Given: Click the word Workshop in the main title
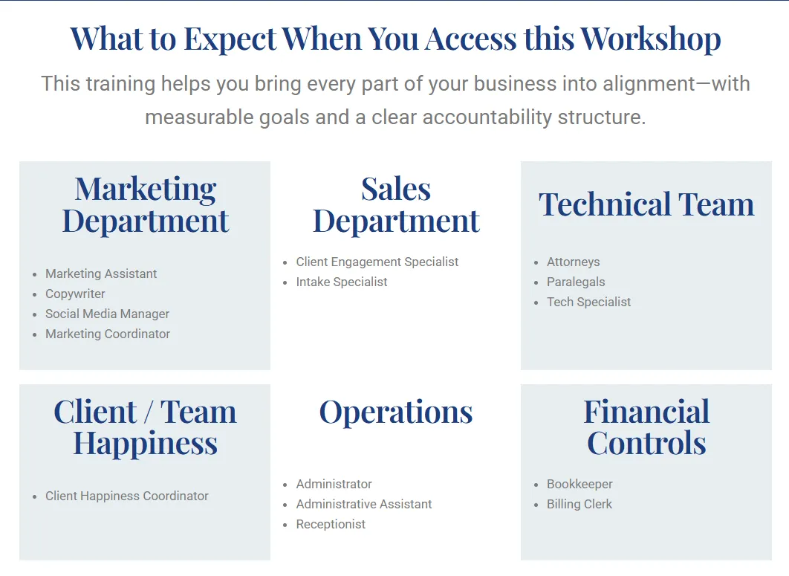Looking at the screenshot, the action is tap(650, 39).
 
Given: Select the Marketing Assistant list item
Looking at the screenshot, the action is tap(101, 274).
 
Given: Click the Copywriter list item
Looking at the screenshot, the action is tap(75, 294).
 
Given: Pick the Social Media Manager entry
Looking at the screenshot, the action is tap(107, 314).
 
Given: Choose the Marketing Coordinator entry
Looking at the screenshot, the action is tap(108, 334).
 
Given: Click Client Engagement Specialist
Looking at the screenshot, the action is tap(377, 262).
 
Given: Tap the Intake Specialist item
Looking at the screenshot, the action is tap(342, 282).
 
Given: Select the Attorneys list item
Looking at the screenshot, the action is tap(573, 262).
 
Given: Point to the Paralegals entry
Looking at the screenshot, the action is tap(576, 282).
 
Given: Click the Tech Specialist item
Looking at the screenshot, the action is tap(588, 302).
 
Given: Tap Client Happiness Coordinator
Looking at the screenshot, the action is tap(127, 496).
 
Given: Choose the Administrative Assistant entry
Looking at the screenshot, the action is tap(364, 504).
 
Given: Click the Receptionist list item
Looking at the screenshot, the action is tap(331, 524).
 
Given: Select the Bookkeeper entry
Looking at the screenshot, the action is tap(579, 484).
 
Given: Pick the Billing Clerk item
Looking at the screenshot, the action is tap(579, 504).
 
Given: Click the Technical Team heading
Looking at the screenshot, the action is tap(646, 204).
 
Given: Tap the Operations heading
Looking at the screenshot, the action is tap(396, 412).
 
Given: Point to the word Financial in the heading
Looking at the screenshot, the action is tap(646, 411).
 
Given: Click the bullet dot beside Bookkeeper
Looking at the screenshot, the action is tap(536, 485).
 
